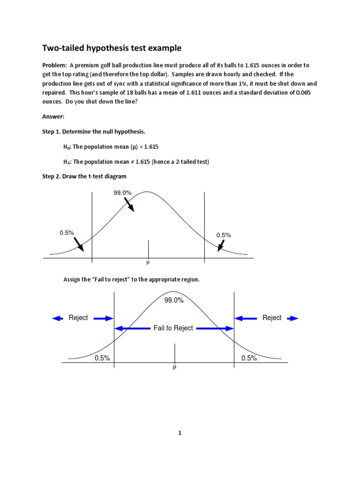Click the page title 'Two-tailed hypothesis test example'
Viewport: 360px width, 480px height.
[x=112, y=48]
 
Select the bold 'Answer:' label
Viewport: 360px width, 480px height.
[x=53, y=117]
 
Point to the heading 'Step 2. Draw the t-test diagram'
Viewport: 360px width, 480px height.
[x=84, y=176]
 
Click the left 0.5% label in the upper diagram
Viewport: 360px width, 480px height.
[x=67, y=232]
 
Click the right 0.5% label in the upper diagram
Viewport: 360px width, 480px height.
[x=224, y=235]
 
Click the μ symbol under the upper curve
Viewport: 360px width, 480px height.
[x=149, y=263]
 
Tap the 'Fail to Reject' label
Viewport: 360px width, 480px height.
[x=173, y=328]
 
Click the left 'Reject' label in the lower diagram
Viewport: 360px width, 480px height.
[x=78, y=318]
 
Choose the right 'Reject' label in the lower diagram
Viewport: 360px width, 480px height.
[x=272, y=318]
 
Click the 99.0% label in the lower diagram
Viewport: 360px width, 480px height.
[x=174, y=301]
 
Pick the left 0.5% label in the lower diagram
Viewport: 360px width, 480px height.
[x=102, y=358]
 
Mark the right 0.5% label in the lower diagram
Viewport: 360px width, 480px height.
[x=249, y=358]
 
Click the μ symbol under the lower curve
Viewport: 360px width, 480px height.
[x=174, y=368]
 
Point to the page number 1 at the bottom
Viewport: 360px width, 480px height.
[x=180, y=433]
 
